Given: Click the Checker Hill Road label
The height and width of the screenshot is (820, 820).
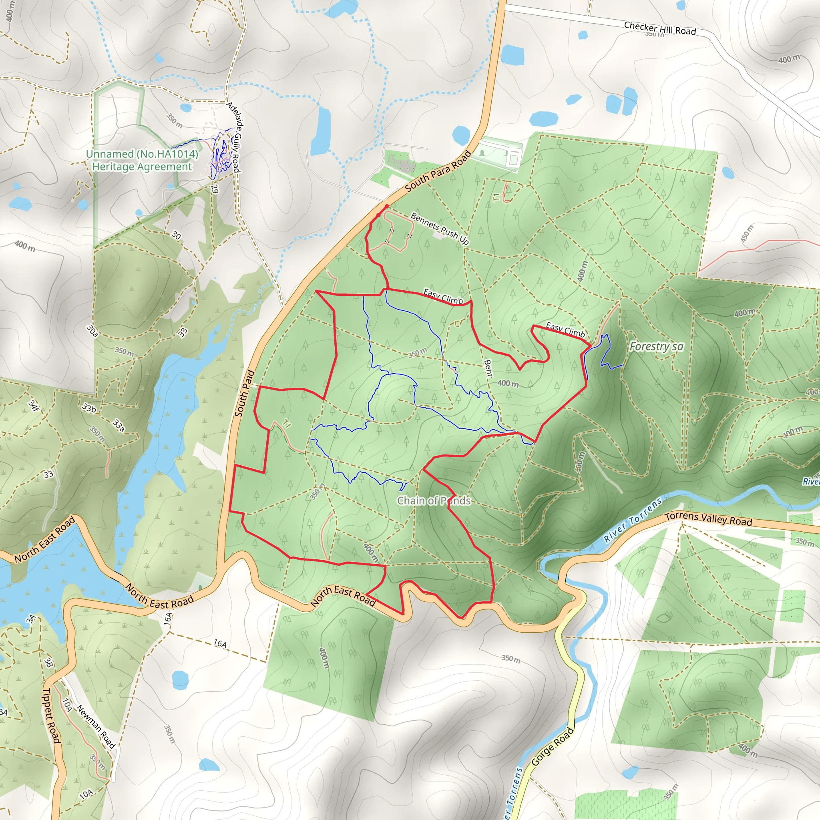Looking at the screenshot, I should coord(659,28).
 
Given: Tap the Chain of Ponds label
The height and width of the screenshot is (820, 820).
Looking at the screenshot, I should coord(434,501).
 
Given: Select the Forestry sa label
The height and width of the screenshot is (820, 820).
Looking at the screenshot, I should coord(656,347).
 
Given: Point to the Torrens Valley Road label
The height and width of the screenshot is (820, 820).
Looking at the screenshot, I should coord(708,519).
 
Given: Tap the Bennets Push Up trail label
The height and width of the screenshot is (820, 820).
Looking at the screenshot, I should coord(440,229).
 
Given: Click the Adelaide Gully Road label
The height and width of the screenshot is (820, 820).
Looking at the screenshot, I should coord(234,137).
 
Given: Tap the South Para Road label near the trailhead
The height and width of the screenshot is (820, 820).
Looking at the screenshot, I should coord(438,171).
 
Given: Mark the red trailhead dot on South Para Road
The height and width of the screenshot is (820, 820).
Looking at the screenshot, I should coord(387,206).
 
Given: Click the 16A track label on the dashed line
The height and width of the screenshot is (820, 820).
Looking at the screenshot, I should coord(220,644).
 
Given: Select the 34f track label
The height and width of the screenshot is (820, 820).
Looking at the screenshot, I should coord(34,405).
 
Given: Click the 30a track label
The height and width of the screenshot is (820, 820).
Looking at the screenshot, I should coord(92,331).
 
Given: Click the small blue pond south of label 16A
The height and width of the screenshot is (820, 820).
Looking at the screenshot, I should coord(180,680).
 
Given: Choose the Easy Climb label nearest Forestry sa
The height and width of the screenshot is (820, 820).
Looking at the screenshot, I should coord(565,330).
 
